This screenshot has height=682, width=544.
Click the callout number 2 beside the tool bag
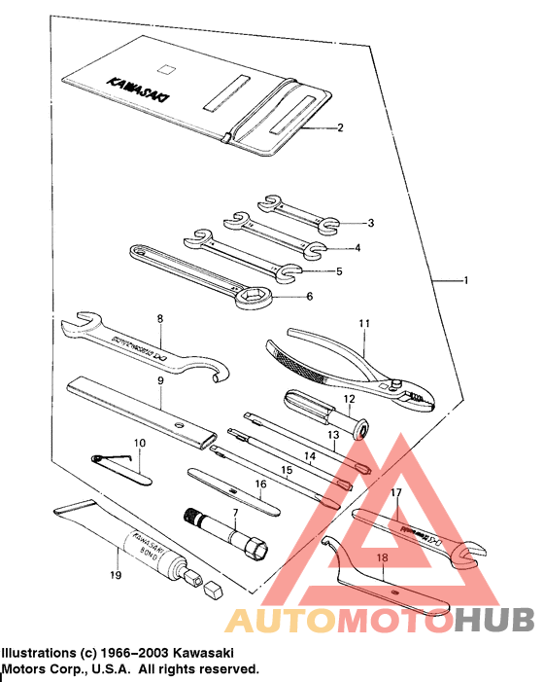(340, 127)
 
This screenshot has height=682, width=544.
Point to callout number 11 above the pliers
(364, 322)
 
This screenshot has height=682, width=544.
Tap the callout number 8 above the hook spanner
(160, 318)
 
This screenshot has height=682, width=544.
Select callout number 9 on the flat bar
(160, 381)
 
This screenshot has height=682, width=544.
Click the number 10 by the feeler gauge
(140, 443)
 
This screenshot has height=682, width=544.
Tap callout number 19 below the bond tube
(116, 575)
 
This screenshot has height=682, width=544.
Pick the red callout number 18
(383, 558)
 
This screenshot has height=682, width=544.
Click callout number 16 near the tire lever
(259, 484)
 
